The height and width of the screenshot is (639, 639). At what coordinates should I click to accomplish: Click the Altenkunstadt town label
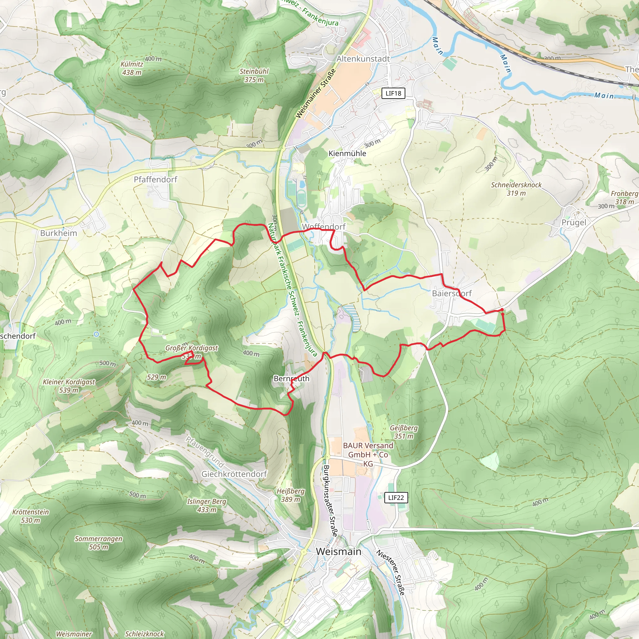363,59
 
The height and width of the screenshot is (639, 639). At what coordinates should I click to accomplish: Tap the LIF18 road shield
393,93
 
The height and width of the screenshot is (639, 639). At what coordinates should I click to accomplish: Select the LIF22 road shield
396,497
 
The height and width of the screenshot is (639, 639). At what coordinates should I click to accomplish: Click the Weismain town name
338,551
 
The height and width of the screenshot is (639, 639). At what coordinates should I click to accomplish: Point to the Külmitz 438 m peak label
132,68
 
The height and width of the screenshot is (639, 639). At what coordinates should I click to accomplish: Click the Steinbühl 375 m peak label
254,76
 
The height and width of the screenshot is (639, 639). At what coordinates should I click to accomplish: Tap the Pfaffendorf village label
155,179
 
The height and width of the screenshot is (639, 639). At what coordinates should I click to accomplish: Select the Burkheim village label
59,233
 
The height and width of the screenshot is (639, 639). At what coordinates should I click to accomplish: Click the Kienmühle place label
347,154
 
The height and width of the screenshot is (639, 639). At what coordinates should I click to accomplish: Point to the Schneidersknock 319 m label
516,189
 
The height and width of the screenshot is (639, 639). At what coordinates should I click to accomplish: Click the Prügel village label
574,222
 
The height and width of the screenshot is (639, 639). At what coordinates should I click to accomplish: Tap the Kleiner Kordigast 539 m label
69,386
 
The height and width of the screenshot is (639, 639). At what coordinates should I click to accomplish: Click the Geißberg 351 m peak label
403,432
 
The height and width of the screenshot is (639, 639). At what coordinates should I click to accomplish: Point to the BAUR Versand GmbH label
368,454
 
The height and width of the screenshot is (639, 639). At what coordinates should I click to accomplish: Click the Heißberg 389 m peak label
290,495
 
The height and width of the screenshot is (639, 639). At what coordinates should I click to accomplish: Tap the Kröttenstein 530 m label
31,516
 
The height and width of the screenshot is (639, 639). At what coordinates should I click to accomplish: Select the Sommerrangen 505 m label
99,543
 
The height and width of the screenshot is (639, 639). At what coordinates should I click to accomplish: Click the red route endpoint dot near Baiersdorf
502,310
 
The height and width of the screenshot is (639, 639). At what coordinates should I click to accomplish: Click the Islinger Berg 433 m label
207,505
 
